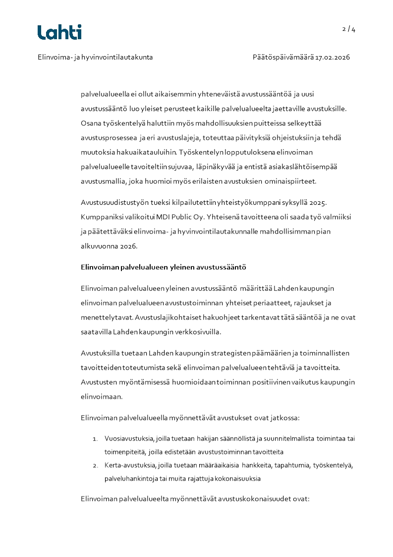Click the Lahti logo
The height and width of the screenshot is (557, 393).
[x=59, y=32]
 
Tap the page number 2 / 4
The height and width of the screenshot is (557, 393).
[x=348, y=29]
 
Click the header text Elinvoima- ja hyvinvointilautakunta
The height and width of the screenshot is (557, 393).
[x=95, y=57]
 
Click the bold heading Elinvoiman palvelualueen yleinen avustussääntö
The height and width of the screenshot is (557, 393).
[x=164, y=267]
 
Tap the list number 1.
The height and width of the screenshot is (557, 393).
[x=95, y=439]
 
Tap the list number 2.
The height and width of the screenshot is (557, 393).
[x=95, y=466]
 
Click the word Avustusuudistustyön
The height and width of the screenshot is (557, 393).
[x=115, y=203]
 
